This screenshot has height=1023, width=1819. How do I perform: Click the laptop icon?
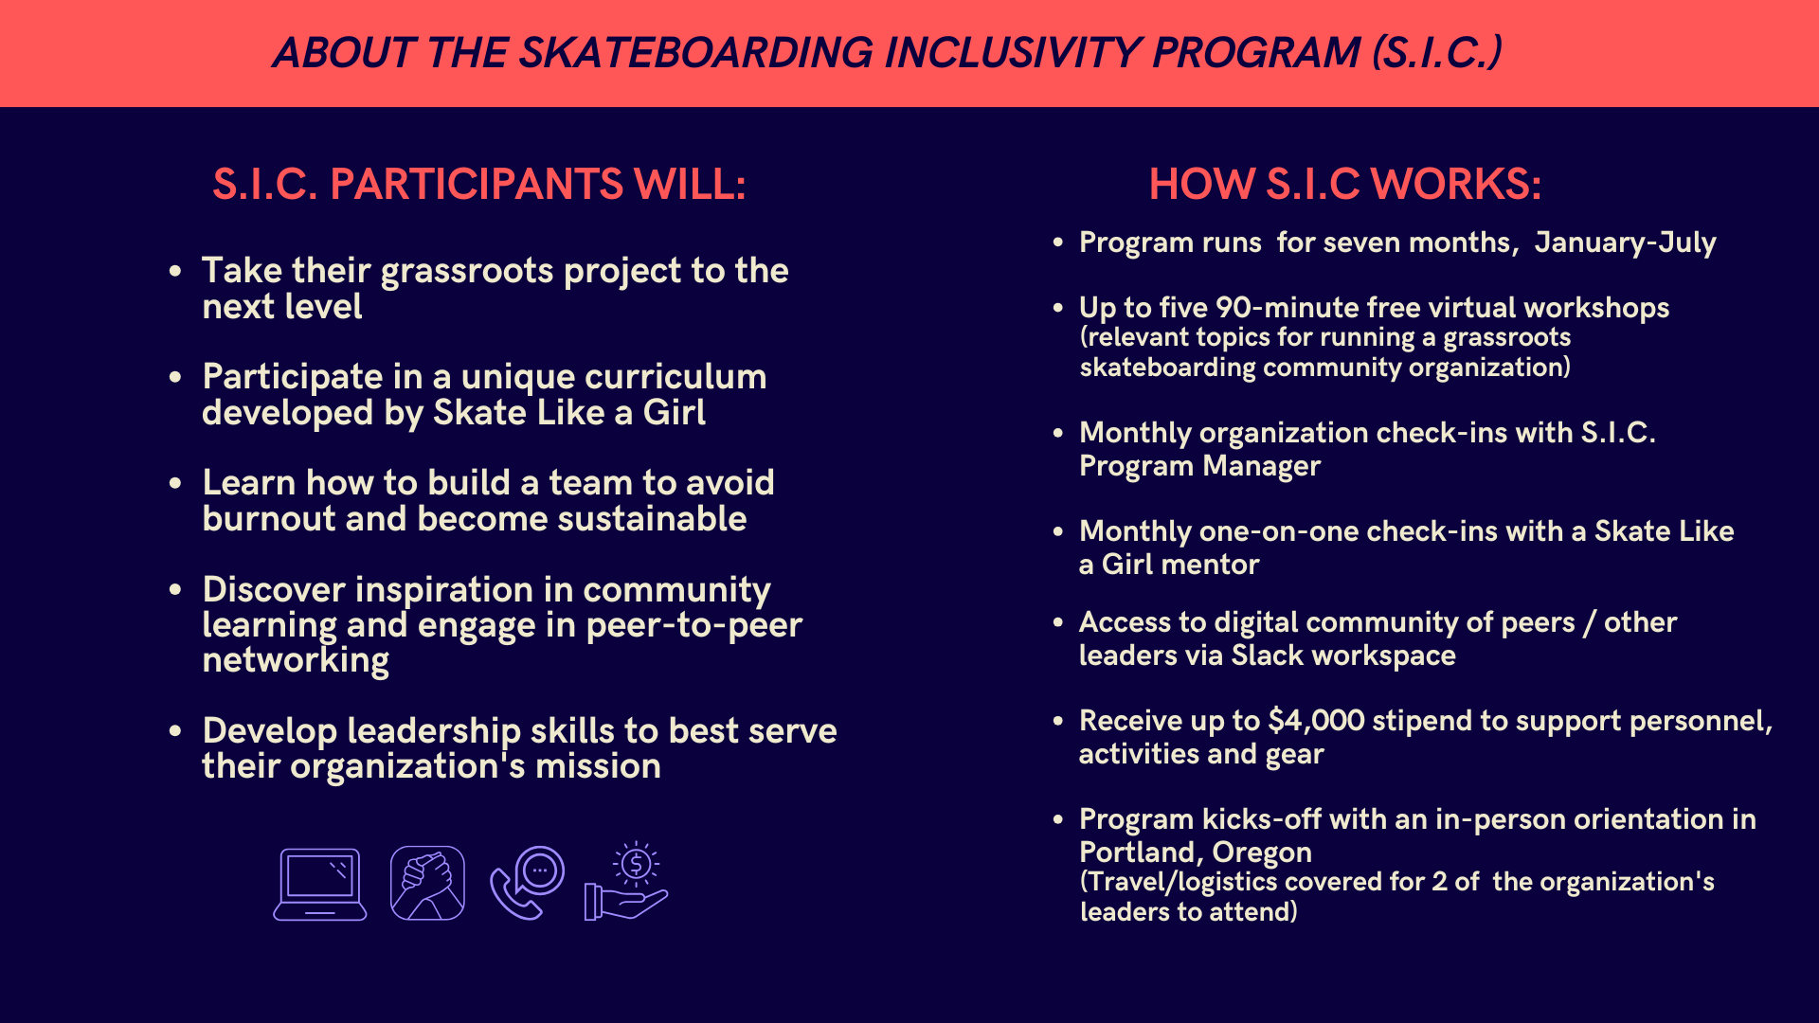(x=320, y=884)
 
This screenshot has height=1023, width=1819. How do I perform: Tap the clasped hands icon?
(x=427, y=883)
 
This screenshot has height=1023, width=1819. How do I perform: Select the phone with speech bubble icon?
(x=528, y=883)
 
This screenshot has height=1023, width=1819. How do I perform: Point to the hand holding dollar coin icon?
(x=626, y=881)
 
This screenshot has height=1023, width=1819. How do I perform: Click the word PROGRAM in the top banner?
(x=1256, y=52)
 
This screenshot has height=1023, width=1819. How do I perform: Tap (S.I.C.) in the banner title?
(x=1437, y=52)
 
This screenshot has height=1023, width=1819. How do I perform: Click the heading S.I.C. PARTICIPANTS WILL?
(x=479, y=184)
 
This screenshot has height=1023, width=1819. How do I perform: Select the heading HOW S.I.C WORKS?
(x=1345, y=184)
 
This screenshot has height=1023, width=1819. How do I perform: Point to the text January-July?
(x=1626, y=242)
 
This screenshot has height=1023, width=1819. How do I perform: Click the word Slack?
(x=1268, y=655)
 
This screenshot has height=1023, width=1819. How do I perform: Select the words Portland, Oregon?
(x=1196, y=852)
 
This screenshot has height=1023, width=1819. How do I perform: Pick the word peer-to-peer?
(x=694, y=625)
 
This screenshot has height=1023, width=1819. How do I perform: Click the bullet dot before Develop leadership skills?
(x=175, y=731)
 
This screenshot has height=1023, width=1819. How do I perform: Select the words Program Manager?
(x=1199, y=466)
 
